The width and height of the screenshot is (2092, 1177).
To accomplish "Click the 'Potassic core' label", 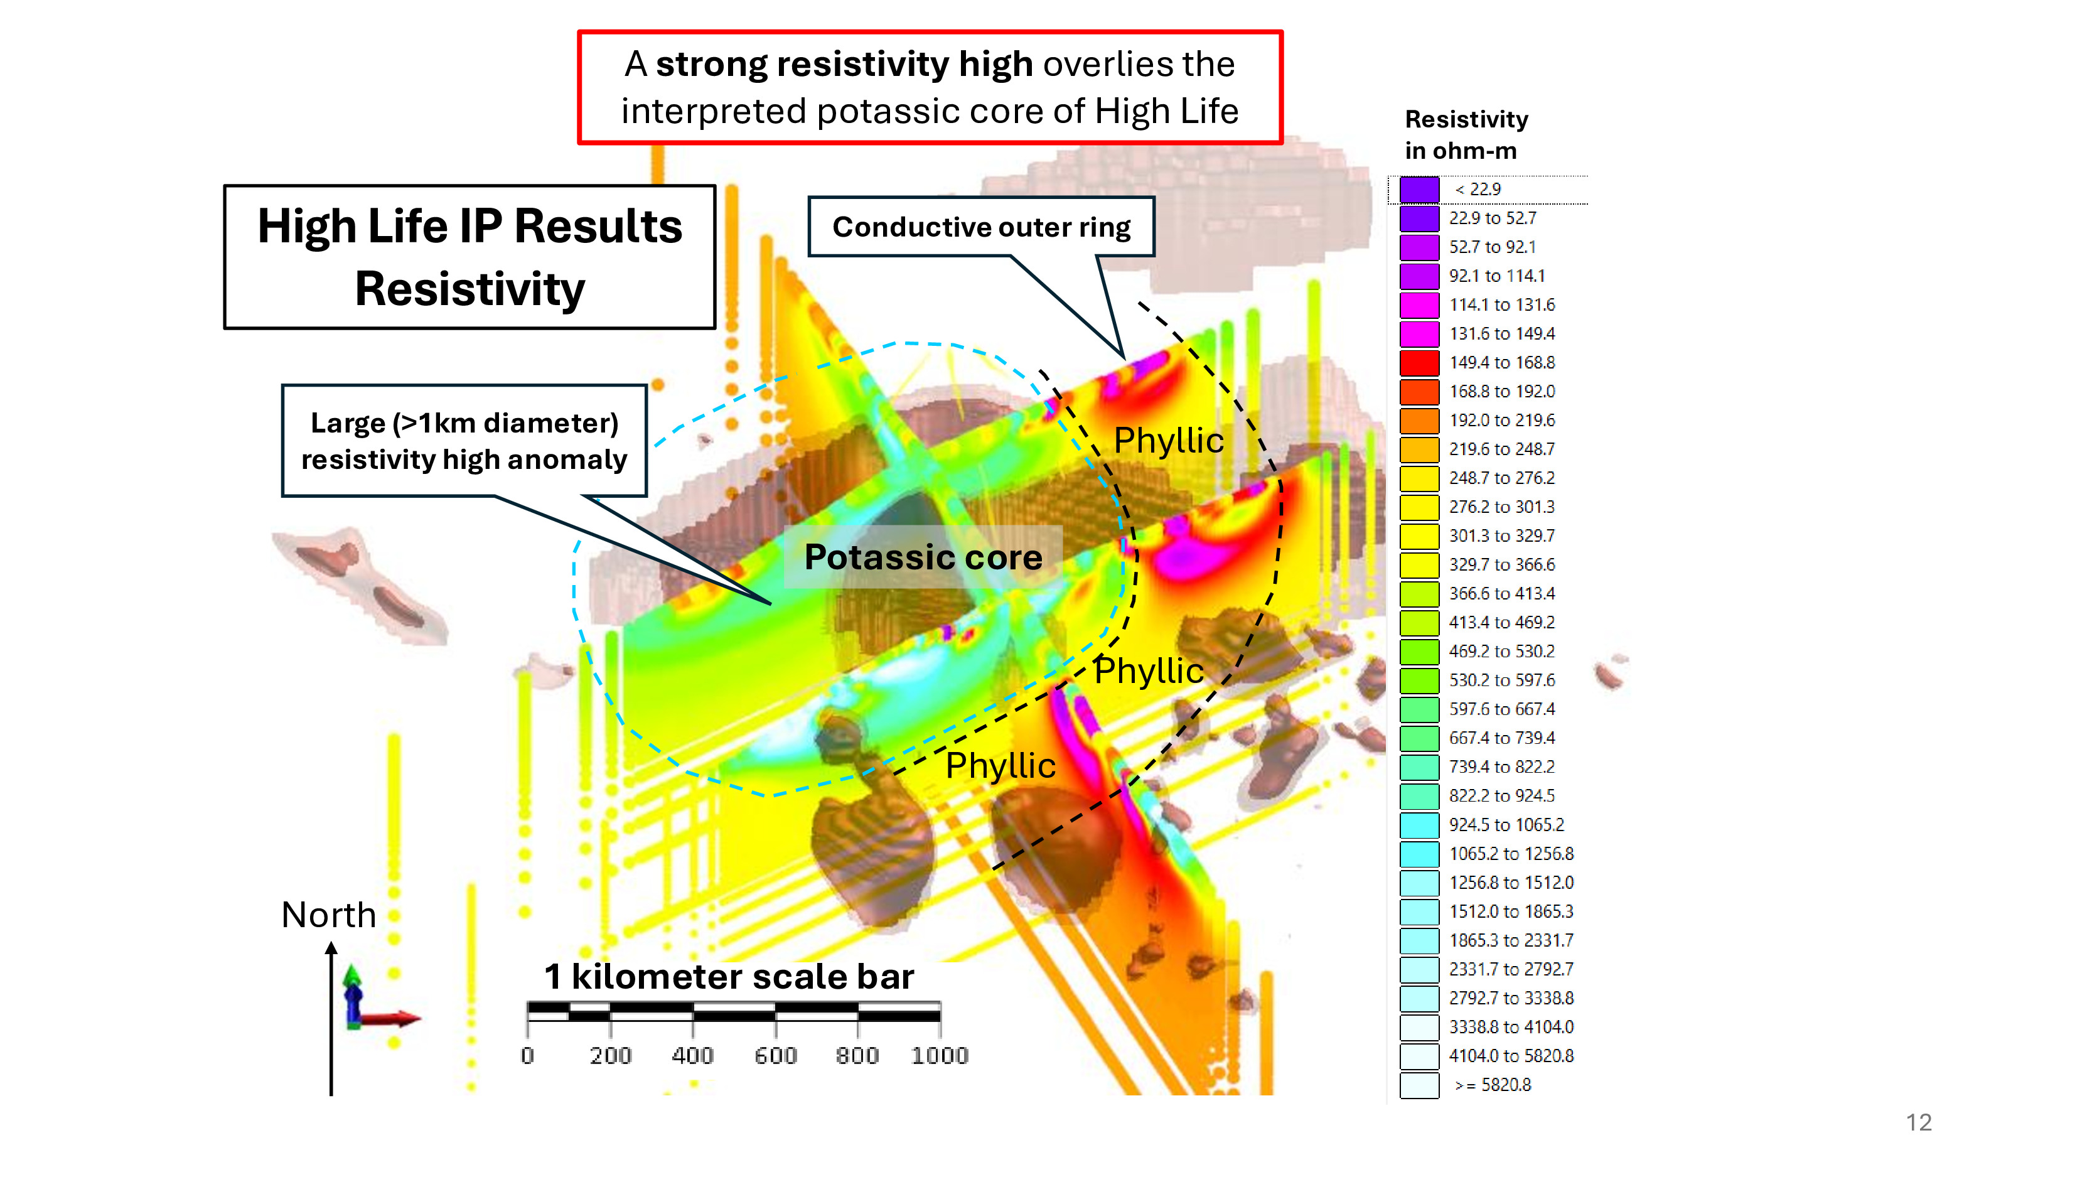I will [923, 557].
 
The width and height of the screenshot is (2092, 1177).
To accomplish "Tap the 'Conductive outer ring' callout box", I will [981, 227].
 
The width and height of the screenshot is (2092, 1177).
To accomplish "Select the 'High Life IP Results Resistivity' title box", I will [469, 257].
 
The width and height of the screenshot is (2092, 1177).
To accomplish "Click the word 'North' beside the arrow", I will [328, 915].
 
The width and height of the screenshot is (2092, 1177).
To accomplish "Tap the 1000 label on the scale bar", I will [940, 1055].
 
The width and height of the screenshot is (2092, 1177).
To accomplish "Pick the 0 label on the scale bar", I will [527, 1055].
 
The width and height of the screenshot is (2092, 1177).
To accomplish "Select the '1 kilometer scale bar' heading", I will [729, 976].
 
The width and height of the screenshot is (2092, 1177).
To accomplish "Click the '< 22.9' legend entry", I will [1478, 190].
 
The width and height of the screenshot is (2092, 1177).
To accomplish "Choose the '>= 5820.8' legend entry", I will [1492, 1085].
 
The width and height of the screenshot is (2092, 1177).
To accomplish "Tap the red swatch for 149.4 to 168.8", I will [1419, 362].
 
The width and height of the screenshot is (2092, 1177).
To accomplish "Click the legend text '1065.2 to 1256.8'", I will [1511, 854].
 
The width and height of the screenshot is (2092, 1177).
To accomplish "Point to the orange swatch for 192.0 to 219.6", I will [1419, 420].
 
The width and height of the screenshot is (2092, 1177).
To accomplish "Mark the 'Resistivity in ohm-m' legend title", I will [1466, 135].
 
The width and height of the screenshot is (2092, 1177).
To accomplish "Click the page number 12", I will [1918, 1122].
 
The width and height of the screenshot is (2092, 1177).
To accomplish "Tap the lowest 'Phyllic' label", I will [1000, 765].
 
